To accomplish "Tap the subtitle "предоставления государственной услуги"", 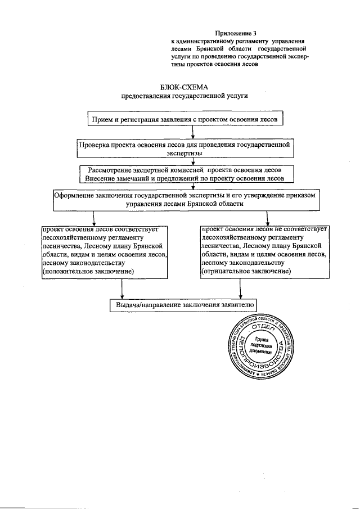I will (x=184, y=96).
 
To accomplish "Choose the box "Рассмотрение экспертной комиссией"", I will (x=184, y=174).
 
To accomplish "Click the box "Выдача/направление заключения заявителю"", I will (x=184, y=305).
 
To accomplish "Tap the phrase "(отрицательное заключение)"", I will (x=246, y=271).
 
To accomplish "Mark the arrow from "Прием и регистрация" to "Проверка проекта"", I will (x=193, y=132).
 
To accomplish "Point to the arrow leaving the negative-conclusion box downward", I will (x=241, y=289).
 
